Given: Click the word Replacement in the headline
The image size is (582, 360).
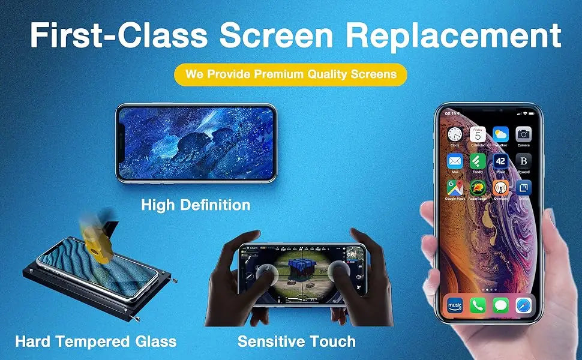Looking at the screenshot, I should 453,37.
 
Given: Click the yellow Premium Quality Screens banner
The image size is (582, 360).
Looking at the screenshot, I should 290,74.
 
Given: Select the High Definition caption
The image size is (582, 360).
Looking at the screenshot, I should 196,205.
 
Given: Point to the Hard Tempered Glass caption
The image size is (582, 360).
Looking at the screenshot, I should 96,342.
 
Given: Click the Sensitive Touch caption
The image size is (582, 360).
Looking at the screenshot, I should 296,342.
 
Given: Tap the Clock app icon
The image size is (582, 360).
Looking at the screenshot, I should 455,134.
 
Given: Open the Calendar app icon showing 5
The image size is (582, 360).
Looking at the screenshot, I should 478,134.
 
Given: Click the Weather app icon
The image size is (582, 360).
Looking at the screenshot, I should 500,134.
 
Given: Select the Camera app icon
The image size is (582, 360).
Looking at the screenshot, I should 523,134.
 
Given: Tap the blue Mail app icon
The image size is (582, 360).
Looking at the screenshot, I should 455,161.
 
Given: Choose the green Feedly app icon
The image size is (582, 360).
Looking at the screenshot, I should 478,161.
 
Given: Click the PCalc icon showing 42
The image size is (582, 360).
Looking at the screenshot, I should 500,161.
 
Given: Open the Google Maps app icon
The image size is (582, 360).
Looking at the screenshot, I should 455,188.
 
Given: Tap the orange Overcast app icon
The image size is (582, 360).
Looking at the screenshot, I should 500,188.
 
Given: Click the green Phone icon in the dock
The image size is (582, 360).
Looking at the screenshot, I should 478,305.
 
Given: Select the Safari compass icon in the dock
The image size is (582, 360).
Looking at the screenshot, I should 523,305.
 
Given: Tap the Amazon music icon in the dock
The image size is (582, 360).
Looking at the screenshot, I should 455,305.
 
